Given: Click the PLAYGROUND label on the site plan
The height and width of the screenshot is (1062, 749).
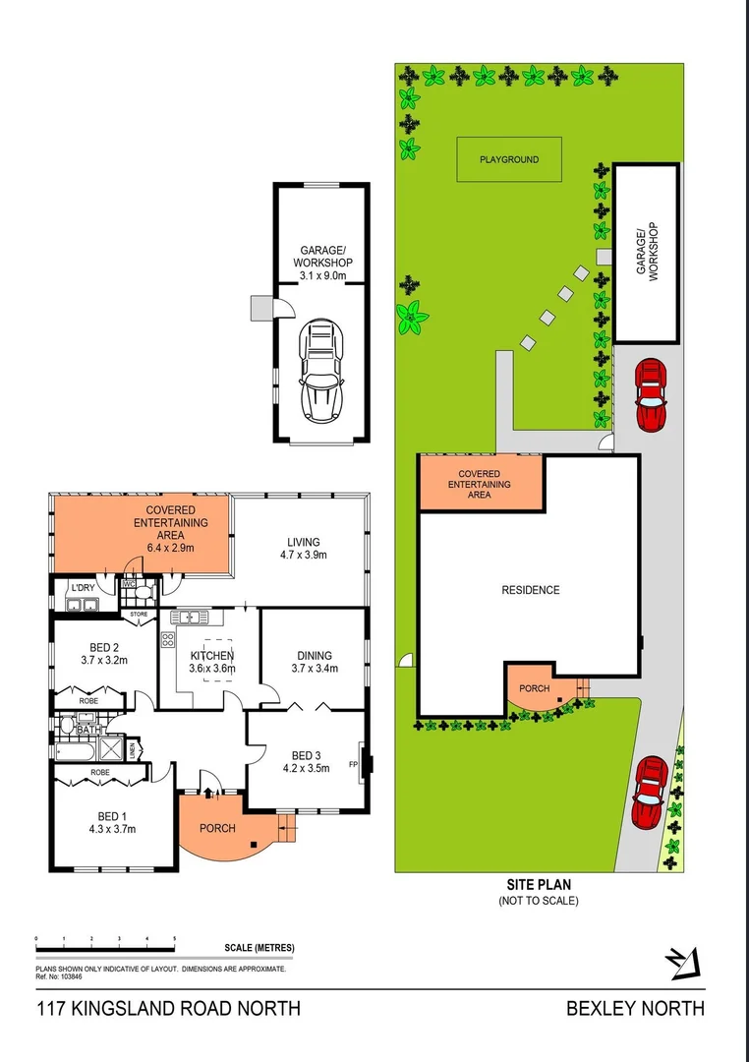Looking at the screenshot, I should coord(508,158).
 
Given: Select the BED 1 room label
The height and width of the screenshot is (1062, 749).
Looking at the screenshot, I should coord(112,816).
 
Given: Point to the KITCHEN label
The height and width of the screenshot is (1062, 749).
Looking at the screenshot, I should coord(211,656).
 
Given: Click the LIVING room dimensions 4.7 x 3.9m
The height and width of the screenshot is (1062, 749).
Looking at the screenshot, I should coord(303,555).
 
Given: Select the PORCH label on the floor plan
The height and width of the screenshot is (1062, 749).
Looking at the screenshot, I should coord(217,828).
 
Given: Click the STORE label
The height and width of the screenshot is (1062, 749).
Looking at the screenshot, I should coord(139,615).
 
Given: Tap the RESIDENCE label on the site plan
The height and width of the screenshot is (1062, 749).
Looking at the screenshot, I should coord(531,590).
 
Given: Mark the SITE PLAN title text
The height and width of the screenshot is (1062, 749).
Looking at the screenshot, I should coord(538,884).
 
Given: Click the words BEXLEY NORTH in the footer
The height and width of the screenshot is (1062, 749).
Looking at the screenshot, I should coord(635,1008).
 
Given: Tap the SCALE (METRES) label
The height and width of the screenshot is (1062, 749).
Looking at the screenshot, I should coord(259,948).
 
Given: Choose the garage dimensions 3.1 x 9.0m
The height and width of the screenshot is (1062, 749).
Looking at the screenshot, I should coord(322,276).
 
